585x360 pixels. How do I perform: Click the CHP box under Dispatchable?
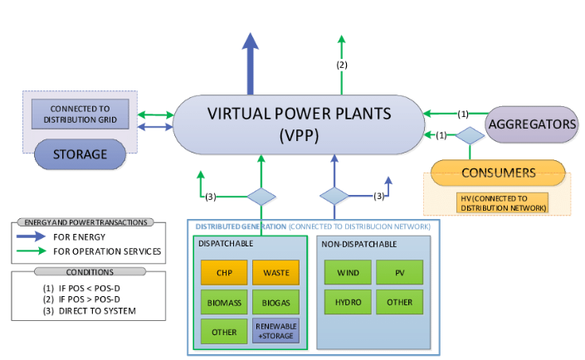pyautogui.click(x=224, y=273)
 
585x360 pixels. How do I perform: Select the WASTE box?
pyautogui.click(x=276, y=273)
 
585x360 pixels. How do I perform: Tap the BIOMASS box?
pyautogui.click(x=224, y=303)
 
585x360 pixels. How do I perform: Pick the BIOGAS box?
pyautogui.click(x=276, y=303)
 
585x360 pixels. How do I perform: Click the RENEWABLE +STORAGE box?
pyautogui.click(x=276, y=331)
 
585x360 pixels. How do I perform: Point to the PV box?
pyautogui.click(x=399, y=273)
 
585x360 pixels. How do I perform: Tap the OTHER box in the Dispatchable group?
pyautogui.click(x=224, y=331)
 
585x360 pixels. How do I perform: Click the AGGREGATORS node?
pyautogui.click(x=532, y=124)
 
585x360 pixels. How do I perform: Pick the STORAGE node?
pyautogui.click(x=80, y=154)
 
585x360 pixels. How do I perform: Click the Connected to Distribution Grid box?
pyautogui.click(x=79, y=114)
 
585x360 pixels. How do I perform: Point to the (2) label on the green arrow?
pyautogui.click(x=341, y=65)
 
